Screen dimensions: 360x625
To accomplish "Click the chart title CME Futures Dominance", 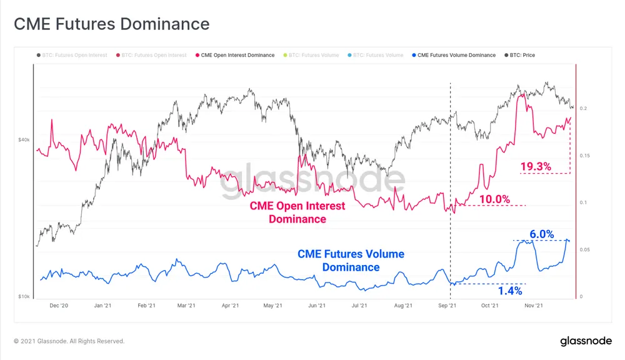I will point(111,24).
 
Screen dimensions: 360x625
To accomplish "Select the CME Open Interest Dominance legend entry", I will point(237,55).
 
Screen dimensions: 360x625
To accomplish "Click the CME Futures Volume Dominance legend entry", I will point(456,55).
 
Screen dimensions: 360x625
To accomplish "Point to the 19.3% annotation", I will point(536,166).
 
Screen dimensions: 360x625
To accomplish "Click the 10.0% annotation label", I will point(495,199).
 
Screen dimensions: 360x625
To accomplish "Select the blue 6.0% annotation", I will point(541,234).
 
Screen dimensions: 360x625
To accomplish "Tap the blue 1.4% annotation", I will point(509,291).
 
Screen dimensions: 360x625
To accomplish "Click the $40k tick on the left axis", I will point(23,140).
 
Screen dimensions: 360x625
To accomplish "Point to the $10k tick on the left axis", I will point(23,296).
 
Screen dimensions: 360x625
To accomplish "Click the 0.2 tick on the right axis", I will point(582,108).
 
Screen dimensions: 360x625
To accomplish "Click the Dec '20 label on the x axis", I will point(59,306).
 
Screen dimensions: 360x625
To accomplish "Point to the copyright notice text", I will point(69,341).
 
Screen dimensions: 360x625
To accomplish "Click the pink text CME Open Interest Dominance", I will point(297,212).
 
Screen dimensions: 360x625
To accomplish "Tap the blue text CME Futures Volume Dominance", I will point(351,261).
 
